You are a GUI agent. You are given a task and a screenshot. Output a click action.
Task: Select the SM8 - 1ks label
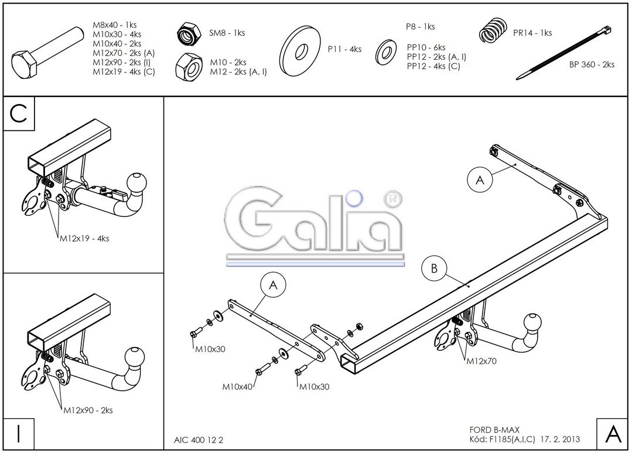(227, 33)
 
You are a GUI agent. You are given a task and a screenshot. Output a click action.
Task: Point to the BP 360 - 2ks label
(592, 65)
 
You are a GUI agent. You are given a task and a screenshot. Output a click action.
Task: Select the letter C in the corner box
(19, 113)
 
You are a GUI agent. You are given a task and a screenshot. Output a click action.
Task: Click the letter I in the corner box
(19, 434)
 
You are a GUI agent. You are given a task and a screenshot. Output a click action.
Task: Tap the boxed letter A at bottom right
(612, 434)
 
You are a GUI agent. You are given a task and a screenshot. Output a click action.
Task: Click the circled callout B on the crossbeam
(434, 269)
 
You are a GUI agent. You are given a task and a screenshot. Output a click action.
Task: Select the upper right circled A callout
(480, 181)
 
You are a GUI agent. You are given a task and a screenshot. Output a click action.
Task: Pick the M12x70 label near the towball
(481, 361)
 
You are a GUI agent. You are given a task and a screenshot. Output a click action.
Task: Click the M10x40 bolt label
(237, 387)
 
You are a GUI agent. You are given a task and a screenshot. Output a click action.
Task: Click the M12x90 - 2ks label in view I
(88, 411)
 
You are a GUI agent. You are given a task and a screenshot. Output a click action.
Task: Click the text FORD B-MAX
(494, 430)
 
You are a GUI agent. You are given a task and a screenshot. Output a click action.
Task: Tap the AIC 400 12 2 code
(199, 439)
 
